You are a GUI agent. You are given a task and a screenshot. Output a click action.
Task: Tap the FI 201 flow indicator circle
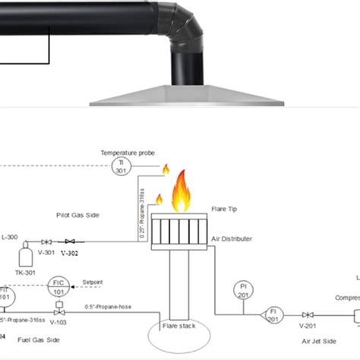(x=271, y=312)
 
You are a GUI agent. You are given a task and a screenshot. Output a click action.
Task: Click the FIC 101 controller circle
(x=58, y=285)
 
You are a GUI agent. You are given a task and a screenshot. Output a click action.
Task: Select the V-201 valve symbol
(x=307, y=313)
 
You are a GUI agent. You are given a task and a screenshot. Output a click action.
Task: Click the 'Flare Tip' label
(x=226, y=206)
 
